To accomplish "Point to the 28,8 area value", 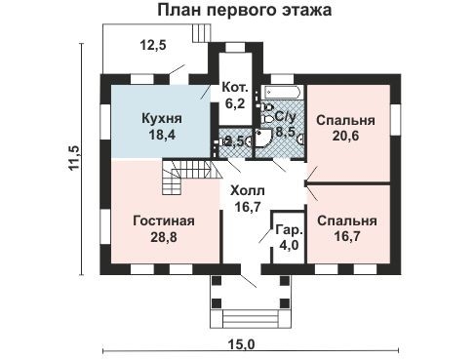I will pos(163,236).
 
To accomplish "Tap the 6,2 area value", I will pos(234,100).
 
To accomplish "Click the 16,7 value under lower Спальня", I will pos(341,235).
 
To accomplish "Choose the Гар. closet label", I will pos(288,229).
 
